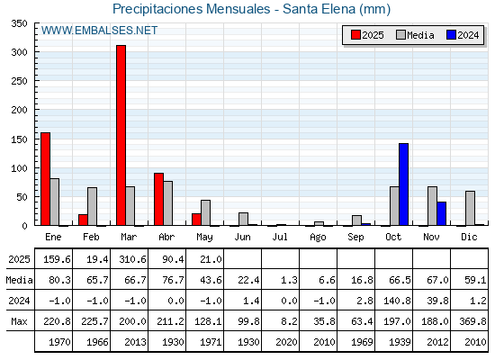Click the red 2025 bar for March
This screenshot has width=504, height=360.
tap(121, 135)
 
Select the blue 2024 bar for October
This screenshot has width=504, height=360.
tap(404, 184)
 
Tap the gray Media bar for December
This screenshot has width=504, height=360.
tap(470, 208)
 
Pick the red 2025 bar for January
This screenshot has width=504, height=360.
tap(45, 179)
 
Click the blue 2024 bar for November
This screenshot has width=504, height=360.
tap(442, 213)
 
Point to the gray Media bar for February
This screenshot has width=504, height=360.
tap(92, 206)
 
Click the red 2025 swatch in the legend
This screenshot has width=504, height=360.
tap(355, 35)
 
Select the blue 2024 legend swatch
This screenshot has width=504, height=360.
tap(451, 35)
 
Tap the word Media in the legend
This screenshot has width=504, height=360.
tap(420, 35)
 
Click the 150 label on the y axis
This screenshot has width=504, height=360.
tap(19, 139)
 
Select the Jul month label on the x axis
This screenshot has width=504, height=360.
tap(280, 238)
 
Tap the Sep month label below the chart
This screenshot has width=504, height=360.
tap(355, 238)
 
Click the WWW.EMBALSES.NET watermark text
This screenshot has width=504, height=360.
tap(99, 31)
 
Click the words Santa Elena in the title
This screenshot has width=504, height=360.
tap(319, 9)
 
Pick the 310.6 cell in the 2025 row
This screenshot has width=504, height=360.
tap(132, 259)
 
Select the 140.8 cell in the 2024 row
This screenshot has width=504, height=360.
tap(397, 301)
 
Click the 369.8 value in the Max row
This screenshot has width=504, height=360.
tap(472, 321)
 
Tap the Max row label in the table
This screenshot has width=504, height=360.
tap(19, 321)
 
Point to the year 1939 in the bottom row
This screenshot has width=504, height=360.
tap(400, 342)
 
